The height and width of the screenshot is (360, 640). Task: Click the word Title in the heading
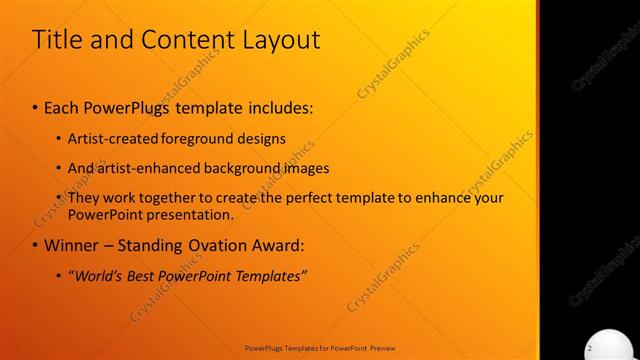55,40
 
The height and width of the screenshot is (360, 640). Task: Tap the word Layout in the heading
275,41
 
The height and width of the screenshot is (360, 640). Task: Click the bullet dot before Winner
35,245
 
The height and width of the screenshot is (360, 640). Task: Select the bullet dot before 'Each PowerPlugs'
35,107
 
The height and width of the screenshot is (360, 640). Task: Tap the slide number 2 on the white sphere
590,346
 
